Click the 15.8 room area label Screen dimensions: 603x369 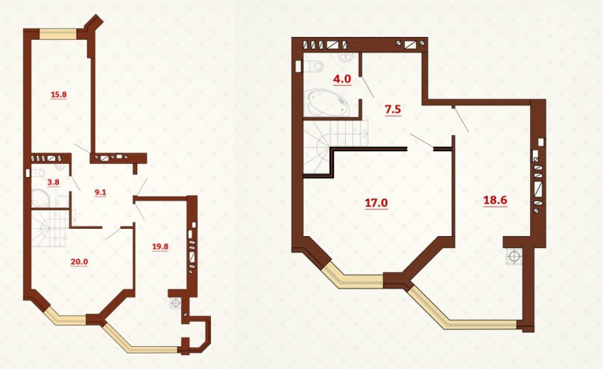click(59, 94)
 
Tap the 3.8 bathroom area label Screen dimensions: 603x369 click(52, 182)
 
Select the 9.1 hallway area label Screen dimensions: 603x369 click(100, 192)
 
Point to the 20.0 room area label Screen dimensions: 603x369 click(79, 261)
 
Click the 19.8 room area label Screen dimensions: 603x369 click(160, 246)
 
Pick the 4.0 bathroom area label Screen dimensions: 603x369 click(342, 79)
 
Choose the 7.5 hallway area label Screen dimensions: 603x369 click(393, 109)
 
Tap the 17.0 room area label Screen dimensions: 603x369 click(376, 203)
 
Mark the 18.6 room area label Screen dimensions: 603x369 click(495, 200)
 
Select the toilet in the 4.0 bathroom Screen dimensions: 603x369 click(314, 66)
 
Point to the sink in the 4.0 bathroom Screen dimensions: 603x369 click(346, 57)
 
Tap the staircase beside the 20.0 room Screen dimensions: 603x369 click(50, 228)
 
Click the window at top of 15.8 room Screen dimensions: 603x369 click(59, 35)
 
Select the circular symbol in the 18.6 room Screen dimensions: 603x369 click(513, 256)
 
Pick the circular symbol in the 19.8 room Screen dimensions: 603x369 click(175, 303)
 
